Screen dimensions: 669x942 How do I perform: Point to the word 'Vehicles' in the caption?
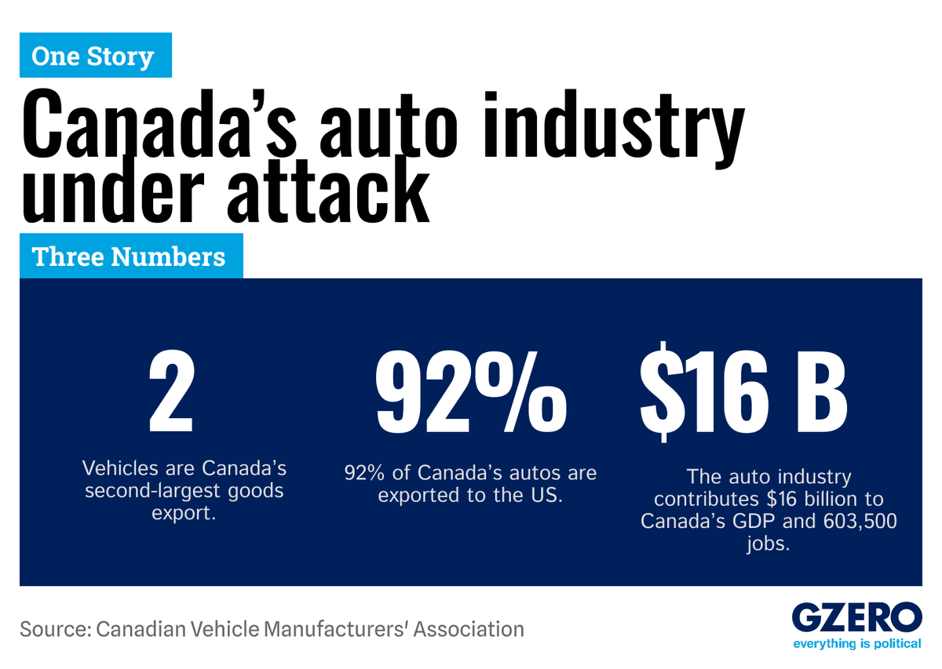point(117,469)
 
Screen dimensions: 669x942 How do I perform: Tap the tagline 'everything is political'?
point(856,644)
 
